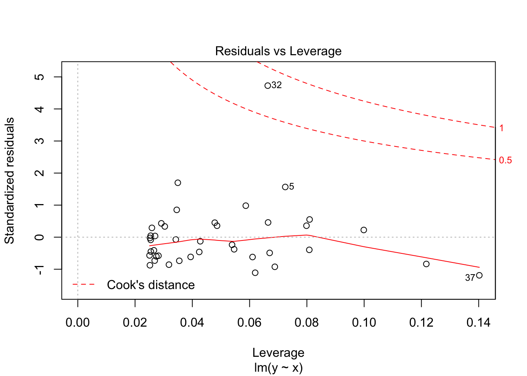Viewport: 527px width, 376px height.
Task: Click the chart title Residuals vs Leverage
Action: (x=278, y=51)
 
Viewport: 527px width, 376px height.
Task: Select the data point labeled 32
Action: (x=268, y=86)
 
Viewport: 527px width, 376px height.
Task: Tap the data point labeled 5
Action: (x=285, y=187)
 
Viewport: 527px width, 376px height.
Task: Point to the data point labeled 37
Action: (x=479, y=275)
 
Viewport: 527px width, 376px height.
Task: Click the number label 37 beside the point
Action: (x=470, y=278)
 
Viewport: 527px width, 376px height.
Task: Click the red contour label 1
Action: (x=502, y=128)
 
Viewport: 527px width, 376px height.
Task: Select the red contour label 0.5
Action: (x=505, y=160)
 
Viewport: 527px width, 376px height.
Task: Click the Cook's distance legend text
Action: (x=151, y=285)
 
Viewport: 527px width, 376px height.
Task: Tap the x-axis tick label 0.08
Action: (x=307, y=323)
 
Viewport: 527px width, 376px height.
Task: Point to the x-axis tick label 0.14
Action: (x=478, y=323)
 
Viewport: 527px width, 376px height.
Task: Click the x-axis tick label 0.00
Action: (x=78, y=323)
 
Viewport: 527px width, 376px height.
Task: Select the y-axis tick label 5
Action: (x=40, y=77)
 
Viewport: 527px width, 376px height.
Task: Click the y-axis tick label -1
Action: (x=40, y=269)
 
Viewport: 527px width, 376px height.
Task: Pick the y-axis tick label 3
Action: (x=40, y=141)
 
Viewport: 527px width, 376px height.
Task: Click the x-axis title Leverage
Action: (x=278, y=352)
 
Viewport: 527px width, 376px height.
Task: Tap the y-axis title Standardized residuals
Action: (x=9, y=181)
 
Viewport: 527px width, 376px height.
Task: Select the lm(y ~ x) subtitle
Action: (x=278, y=368)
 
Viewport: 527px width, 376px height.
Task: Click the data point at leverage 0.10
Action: (x=363, y=230)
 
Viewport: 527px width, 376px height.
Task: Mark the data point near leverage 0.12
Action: (x=426, y=264)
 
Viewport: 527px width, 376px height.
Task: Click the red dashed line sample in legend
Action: (x=84, y=284)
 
